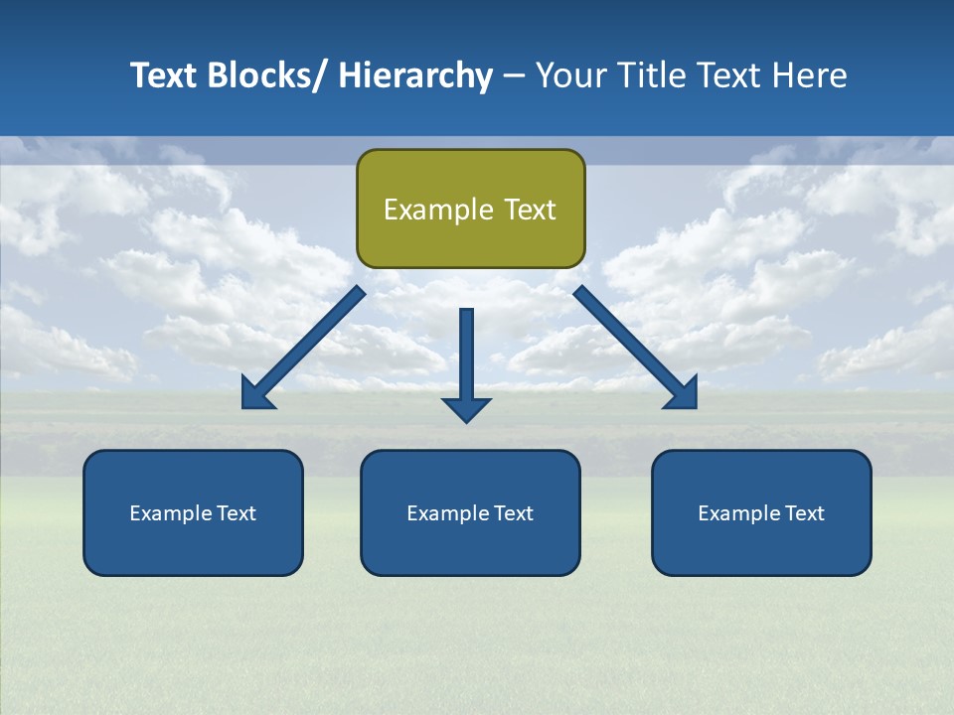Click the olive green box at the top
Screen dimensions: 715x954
click(x=470, y=209)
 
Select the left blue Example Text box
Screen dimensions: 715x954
click(x=193, y=512)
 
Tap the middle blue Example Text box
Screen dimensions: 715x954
click(x=470, y=512)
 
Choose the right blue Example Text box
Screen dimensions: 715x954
click(x=761, y=512)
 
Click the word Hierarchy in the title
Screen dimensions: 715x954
click(x=415, y=75)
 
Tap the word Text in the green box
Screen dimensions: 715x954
click(x=529, y=210)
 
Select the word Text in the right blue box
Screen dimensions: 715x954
click(x=804, y=513)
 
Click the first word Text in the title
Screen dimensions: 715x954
click(x=165, y=75)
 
